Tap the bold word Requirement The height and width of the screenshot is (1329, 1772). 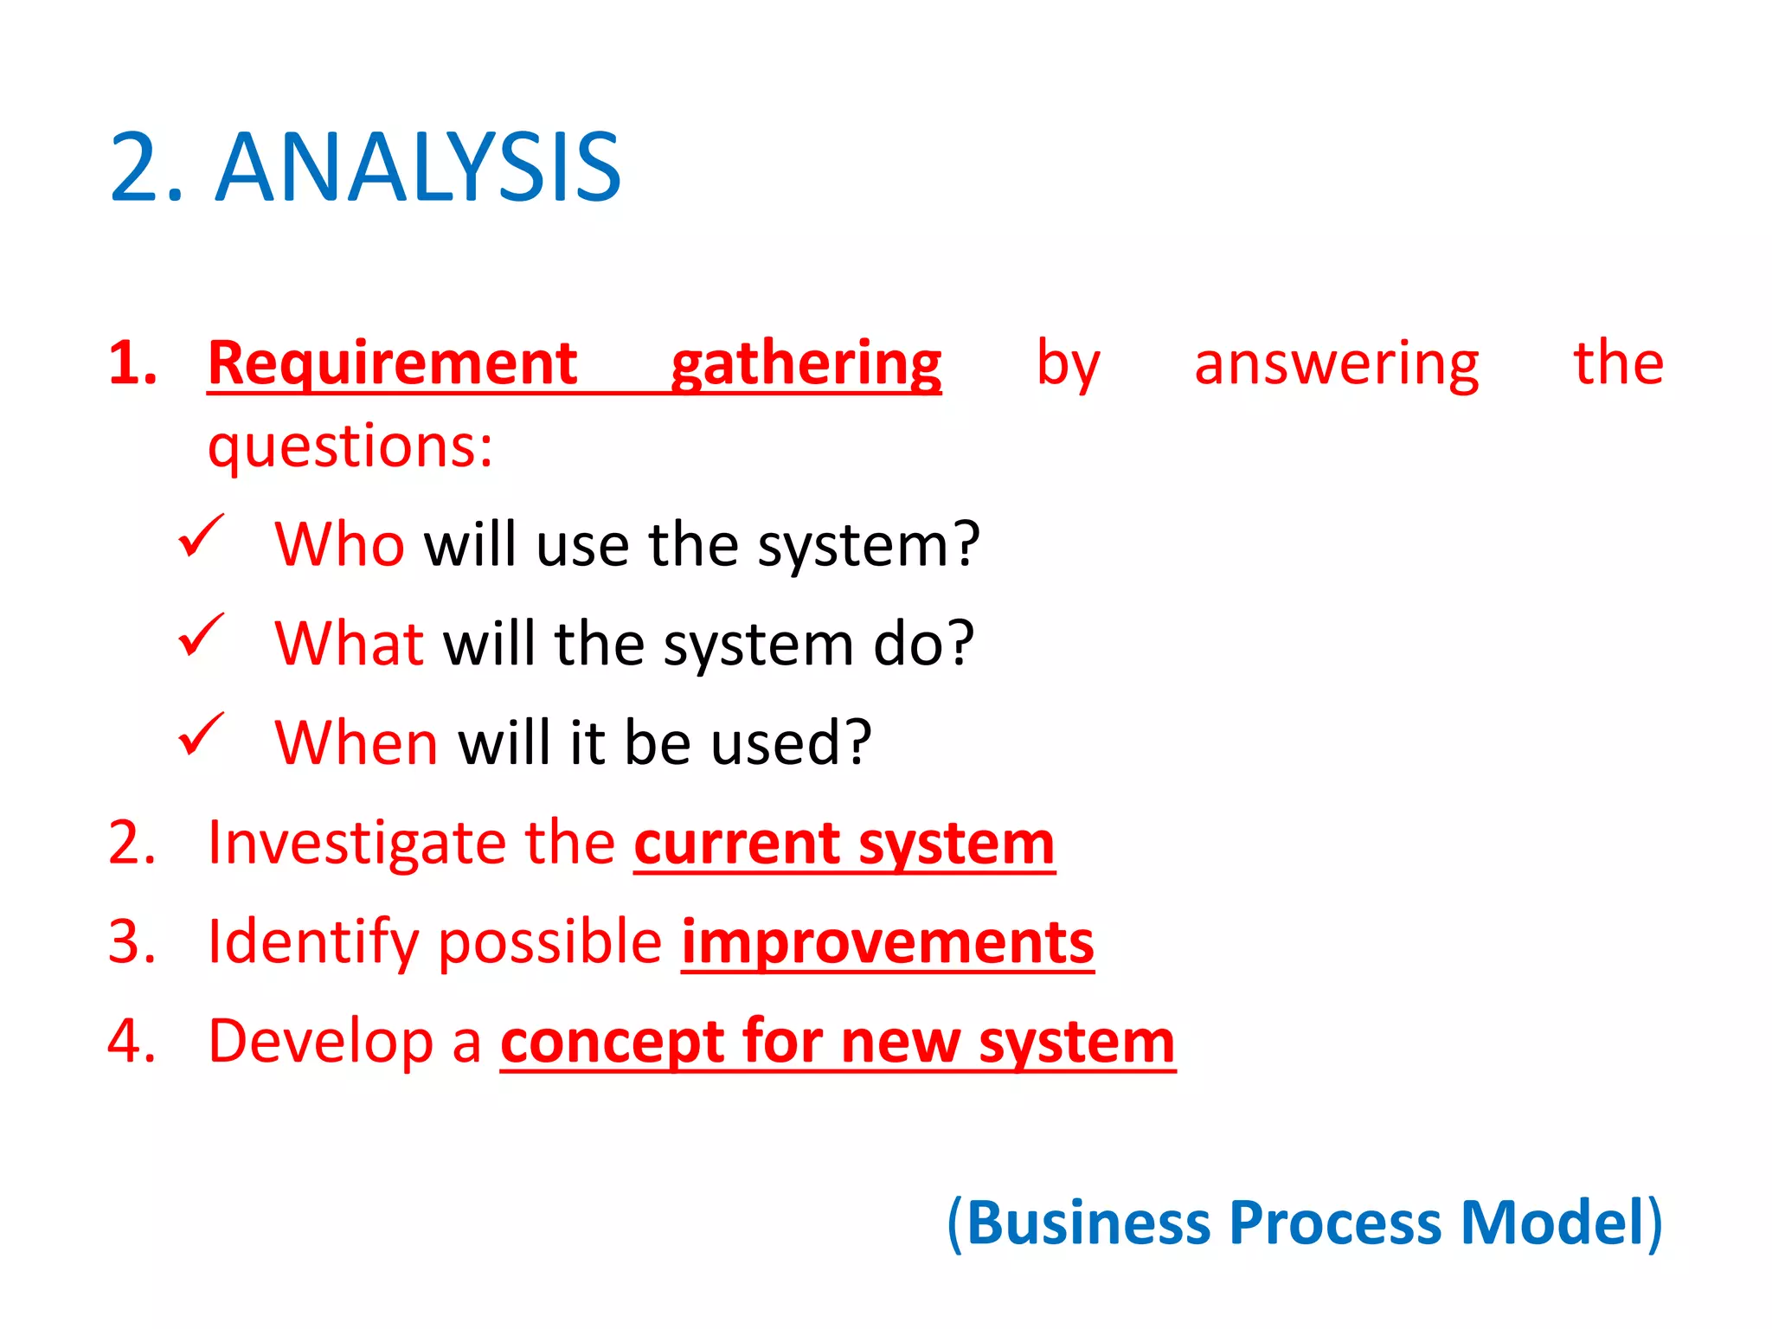[392, 363]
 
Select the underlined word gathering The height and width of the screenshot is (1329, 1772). [806, 365]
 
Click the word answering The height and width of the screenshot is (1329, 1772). [1336, 365]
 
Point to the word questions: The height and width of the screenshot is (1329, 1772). [350, 447]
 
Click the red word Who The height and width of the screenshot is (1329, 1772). [339, 545]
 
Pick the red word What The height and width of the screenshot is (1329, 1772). [349, 644]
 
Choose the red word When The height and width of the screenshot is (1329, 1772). [356, 743]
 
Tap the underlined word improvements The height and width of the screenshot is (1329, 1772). [887, 943]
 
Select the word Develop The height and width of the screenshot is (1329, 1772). [320, 1042]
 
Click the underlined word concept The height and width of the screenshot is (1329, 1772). [612, 1043]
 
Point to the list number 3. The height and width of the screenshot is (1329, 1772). [132, 942]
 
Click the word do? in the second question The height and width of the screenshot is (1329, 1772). [923, 644]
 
